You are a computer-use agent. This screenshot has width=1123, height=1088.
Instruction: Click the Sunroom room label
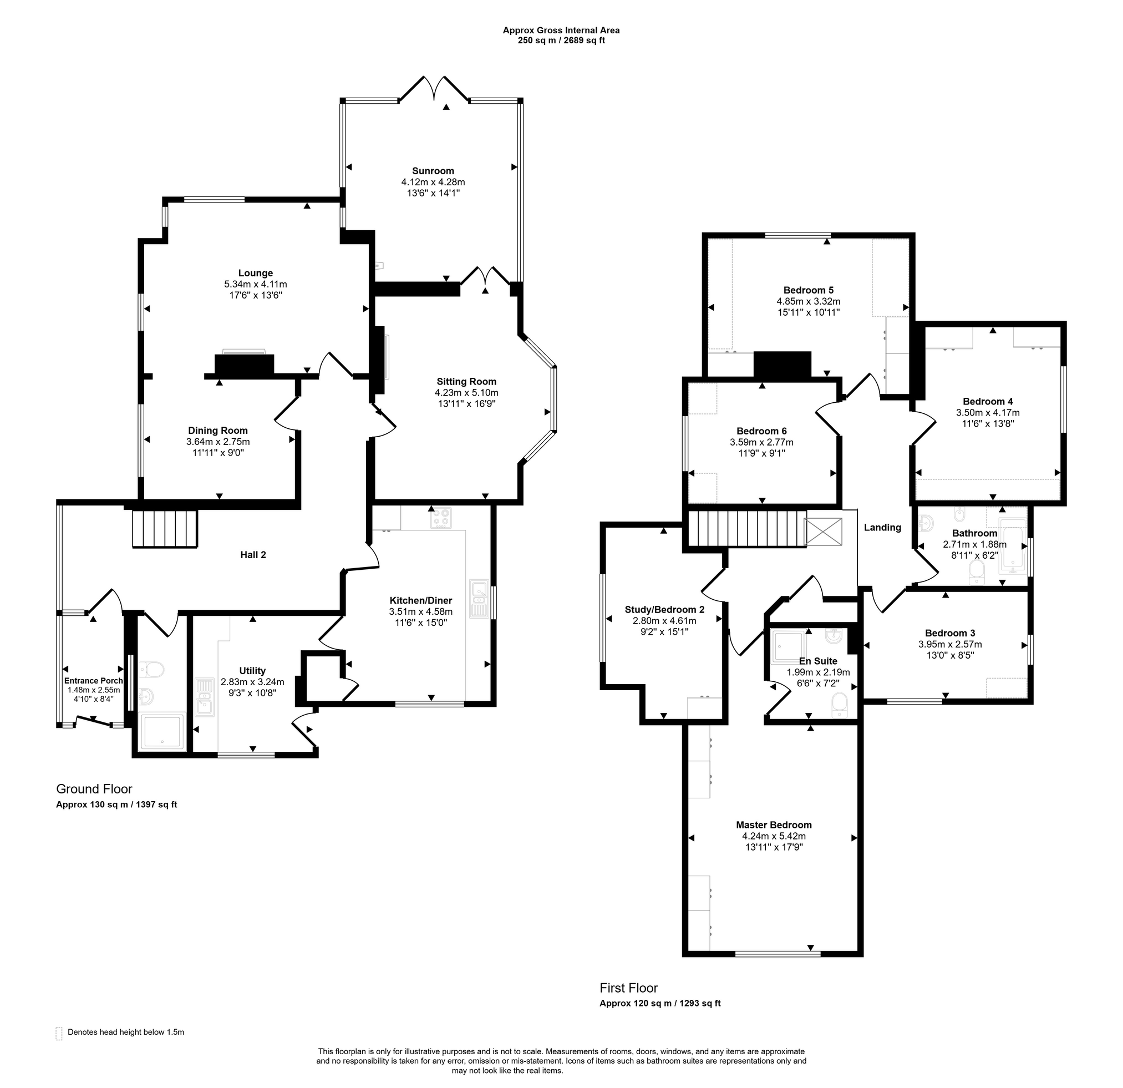pyautogui.click(x=433, y=171)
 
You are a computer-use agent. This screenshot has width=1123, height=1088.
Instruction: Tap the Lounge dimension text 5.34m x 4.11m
pyautogui.click(x=256, y=284)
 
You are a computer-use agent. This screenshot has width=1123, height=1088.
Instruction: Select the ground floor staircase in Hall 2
pyautogui.click(x=165, y=529)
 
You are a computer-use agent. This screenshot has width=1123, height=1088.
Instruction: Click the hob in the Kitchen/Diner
pyautogui.click(x=441, y=518)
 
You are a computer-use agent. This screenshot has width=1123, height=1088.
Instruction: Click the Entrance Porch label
pyautogui.click(x=93, y=681)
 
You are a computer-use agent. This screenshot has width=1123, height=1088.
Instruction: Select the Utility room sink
pyautogui.click(x=204, y=697)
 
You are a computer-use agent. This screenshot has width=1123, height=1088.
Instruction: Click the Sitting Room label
pyautogui.click(x=466, y=382)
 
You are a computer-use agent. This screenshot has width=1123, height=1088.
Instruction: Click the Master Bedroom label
pyautogui.click(x=774, y=825)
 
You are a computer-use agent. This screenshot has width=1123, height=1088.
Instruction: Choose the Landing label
pyautogui.click(x=882, y=528)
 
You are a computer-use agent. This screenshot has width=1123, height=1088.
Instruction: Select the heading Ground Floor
pyautogui.click(x=94, y=789)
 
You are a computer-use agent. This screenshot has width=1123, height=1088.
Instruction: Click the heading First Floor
pyautogui.click(x=628, y=988)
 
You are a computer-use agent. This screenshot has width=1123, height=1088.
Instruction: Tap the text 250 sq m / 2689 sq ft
pyautogui.click(x=561, y=41)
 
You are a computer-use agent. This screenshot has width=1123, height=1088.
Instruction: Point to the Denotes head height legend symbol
pyautogui.click(x=59, y=1034)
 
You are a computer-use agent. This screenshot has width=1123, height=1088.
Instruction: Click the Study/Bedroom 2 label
pyautogui.click(x=664, y=610)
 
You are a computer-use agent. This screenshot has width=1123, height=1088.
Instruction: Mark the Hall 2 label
pyautogui.click(x=253, y=555)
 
